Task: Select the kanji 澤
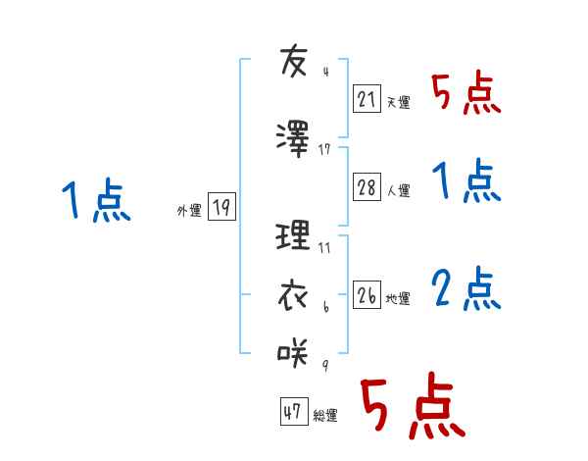tap(295, 136)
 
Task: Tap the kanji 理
tap(295, 236)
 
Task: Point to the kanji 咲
tap(295, 349)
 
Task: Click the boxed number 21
tap(367, 99)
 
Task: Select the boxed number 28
tap(367, 188)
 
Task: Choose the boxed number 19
tap(221, 207)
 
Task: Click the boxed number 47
tap(292, 413)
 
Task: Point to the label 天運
tap(398, 102)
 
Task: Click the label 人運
tap(398, 191)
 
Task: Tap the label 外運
tap(189, 210)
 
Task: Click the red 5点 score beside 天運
tap(466, 94)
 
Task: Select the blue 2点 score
tap(466, 289)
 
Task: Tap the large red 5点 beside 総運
tap(412, 408)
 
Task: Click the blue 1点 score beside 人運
tap(466, 182)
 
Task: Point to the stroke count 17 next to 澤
tap(324, 149)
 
